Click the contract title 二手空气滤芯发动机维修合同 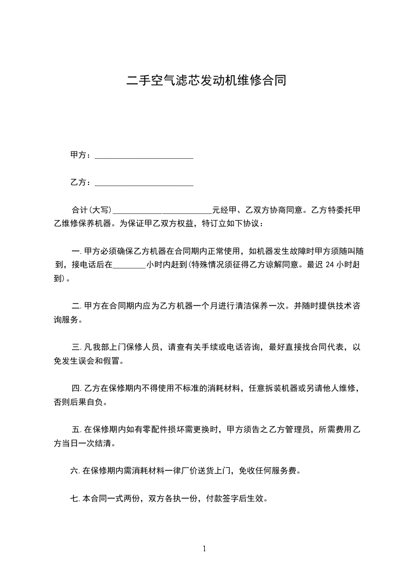tap(204, 81)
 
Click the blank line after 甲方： tap(144, 157)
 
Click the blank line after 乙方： tap(144, 184)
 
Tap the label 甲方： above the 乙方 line tap(81, 155)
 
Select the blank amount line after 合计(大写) tap(162, 211)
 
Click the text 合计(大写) tap(91, 210)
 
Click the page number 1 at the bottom tap(204, 549)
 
